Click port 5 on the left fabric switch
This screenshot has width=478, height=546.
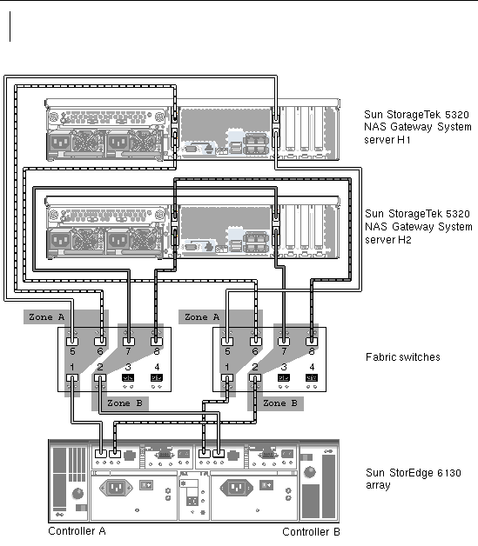72,341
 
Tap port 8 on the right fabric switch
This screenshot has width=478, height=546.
312,341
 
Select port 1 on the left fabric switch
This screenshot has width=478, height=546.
72,378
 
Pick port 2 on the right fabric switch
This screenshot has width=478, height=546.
255,378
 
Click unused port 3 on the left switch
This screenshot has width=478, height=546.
128,378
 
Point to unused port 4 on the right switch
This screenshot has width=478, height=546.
312,378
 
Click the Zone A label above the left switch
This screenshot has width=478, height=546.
46,317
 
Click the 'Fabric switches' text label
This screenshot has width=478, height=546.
403,357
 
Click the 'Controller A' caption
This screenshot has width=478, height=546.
77,531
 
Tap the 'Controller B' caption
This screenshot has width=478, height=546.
311,532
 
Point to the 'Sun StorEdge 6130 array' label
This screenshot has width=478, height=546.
414,479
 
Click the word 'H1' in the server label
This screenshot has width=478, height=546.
404,140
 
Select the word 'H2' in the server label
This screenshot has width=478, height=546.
405,240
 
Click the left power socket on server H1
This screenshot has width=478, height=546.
61,143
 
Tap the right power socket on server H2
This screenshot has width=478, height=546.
118,240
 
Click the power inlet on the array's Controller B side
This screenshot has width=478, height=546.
236,488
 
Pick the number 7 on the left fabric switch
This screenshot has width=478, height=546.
128,352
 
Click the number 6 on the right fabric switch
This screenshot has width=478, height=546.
255,352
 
